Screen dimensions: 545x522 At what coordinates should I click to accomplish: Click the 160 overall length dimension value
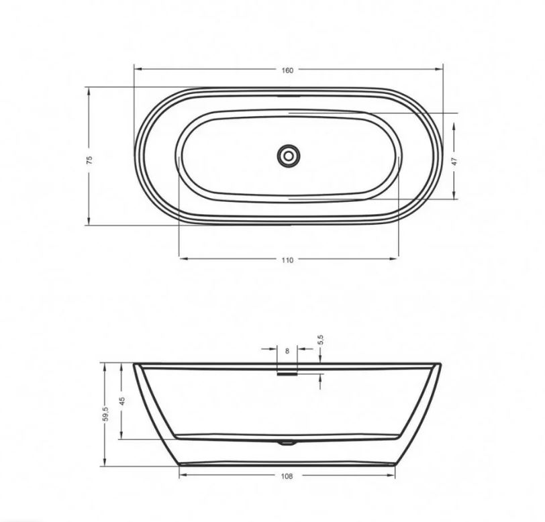[x=287, y=70]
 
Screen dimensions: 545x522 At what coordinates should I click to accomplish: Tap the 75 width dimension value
[x=89, y=160]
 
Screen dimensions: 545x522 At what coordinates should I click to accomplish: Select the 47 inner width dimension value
[x=454, y=162]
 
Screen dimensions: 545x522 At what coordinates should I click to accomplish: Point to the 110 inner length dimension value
[x=287, y=260]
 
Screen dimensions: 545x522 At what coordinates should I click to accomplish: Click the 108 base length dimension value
[x=287, y=476]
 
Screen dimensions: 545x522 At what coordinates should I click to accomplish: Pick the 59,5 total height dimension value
[x=106, y=414]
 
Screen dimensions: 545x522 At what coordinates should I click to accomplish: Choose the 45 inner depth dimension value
[x=121, y=401]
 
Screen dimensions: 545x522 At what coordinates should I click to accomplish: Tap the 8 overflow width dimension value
[x=287, y=352]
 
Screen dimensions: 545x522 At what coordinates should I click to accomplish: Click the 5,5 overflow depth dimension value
[x=320, y=340]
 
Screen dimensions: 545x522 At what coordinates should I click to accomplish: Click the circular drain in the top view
[x=288, y=156]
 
